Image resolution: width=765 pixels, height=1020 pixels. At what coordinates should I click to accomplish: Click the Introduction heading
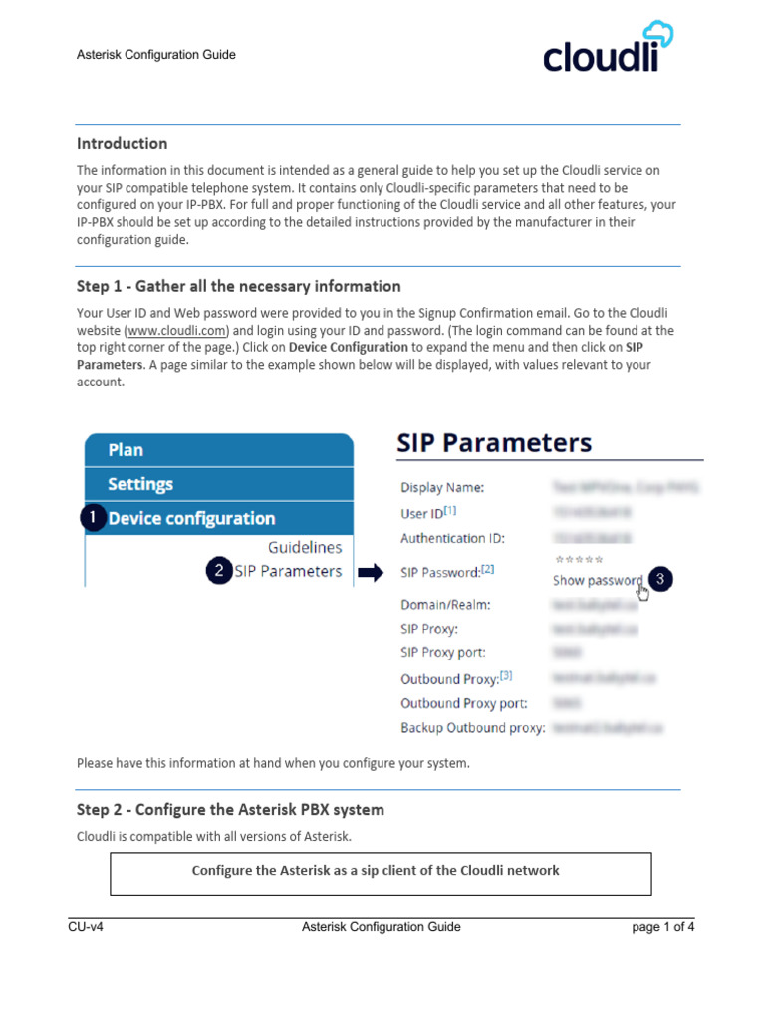point(123,143)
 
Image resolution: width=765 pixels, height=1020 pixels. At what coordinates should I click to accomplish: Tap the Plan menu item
point(126,449)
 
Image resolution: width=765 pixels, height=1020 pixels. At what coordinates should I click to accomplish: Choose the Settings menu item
point(140,484)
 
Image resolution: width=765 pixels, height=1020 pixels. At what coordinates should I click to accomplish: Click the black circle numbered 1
point(93,518)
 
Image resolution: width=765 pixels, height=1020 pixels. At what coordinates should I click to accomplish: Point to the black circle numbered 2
point(217,571)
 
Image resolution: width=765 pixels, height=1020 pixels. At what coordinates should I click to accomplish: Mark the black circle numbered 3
point(659,579)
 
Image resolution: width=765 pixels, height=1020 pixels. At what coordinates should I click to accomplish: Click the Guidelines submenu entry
point(305,547)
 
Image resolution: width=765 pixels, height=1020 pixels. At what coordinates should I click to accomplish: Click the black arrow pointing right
point(371,572)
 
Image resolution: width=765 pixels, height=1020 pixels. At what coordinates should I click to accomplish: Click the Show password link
point(598,580)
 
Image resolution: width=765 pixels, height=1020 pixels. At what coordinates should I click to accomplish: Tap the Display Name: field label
point(442,488)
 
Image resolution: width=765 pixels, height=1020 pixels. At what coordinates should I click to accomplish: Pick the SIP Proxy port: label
point(443,652)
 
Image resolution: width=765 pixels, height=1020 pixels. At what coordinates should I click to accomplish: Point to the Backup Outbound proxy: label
point(473,728)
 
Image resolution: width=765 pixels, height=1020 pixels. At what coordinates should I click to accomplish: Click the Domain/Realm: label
point(445,604)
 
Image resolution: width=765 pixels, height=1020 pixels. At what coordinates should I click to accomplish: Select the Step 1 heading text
point(239,286)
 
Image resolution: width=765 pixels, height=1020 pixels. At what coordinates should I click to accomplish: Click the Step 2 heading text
point(230,808)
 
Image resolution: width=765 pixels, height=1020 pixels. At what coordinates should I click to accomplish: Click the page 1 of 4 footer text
point(663,927)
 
